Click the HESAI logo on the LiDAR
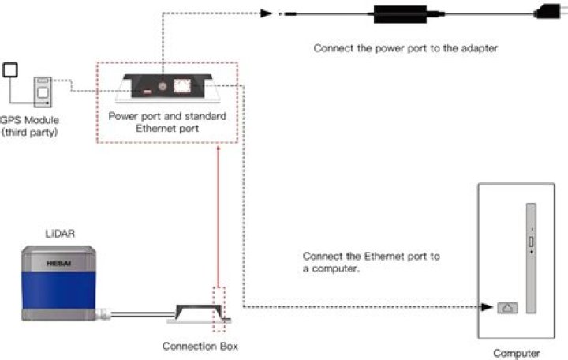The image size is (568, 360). click(58, 263)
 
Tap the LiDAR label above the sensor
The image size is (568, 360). click(60, 234)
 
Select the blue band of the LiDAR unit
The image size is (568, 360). click(58, 291)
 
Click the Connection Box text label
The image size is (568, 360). click(200, 347)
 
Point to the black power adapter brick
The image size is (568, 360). click(400, 14)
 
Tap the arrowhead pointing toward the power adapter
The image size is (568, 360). click(267, 13)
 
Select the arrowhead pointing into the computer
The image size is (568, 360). click(487, 307)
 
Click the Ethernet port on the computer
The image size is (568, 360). click(507, 308)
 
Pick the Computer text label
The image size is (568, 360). click(517, 353)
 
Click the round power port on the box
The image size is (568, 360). click(163, 86)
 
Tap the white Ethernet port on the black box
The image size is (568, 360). click(182, 86)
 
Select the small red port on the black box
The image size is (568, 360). click(147, 92)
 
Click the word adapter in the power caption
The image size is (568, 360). click(480, 48)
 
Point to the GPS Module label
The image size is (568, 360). click(30, 120)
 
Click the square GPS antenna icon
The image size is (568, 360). click(10, 70)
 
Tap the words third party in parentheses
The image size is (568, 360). click(30, 133)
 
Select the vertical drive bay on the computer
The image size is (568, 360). click(531, 258)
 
